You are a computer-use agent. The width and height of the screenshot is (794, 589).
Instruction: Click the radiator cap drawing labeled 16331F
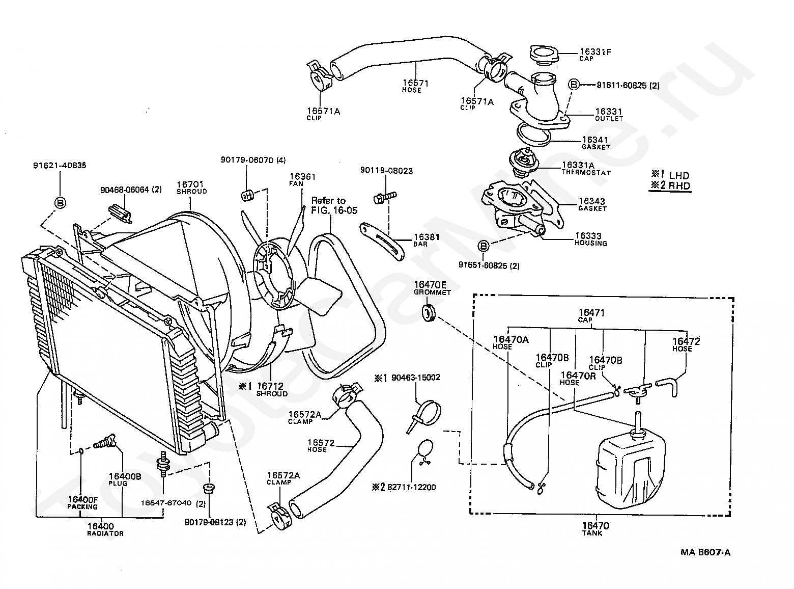(544, 56)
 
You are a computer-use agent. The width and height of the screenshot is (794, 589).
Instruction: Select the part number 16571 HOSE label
(415, 86)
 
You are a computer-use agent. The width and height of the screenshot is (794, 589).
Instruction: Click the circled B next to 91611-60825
(574, 85)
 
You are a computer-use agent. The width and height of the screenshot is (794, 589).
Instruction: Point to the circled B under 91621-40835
(60, 203)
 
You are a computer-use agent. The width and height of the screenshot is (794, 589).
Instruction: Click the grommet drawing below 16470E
(429, 313)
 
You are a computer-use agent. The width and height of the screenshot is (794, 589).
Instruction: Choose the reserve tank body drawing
(631, 466)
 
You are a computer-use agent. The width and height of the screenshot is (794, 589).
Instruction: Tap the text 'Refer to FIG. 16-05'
(334, 205)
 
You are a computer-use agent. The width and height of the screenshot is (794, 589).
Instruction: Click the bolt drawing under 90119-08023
(384, 198)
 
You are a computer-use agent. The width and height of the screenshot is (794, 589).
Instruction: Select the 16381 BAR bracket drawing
(382, 242)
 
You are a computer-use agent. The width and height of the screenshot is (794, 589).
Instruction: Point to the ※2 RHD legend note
(670, 185)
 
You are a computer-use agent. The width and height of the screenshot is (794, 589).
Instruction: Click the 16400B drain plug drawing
(104, 441)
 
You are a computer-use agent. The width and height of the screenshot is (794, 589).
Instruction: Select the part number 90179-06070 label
(247, 160)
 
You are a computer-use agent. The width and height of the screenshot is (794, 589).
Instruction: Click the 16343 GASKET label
(592, 204)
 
